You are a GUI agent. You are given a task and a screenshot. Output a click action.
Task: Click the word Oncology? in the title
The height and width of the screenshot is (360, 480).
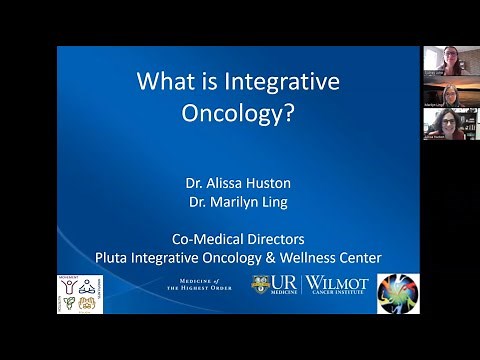[x=237, y=113]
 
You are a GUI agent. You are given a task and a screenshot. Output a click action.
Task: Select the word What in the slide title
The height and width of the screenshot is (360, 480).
[x=166, y=81]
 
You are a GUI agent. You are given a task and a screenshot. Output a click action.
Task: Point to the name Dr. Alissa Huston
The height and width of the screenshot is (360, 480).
[x=237, y=183]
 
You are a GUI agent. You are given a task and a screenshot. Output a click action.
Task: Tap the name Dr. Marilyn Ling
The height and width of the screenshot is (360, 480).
[x=237, y=202]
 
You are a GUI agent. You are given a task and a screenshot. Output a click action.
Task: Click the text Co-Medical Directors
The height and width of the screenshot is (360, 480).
[x=237, y=239]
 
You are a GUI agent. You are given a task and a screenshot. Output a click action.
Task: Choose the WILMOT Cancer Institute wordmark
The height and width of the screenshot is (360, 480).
[x=337, y=284]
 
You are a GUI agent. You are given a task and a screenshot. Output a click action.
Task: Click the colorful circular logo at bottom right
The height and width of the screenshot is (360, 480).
[x=397, y=293]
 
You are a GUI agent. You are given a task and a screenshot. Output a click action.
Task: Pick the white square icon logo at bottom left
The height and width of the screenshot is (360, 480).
[x=80, y=293]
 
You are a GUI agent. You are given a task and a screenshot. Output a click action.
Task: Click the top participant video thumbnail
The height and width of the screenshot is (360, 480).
[x=449, y=59]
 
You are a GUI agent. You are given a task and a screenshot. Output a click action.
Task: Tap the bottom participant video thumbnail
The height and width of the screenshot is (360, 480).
[x=449, y=124]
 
